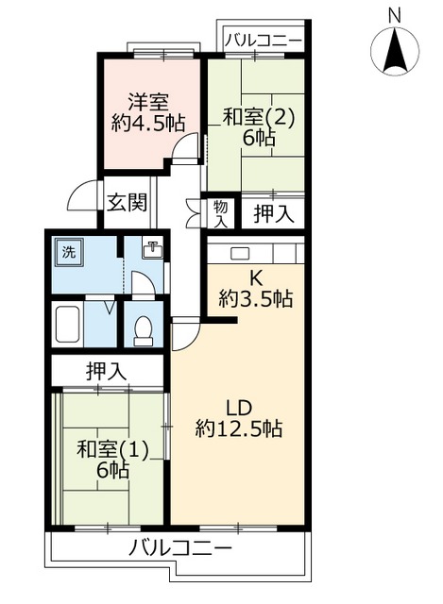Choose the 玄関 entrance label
(126, 201)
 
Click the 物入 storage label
(220, 213)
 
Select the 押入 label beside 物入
(274, 214)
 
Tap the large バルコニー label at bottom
(180, 548)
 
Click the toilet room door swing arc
(142, 285)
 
